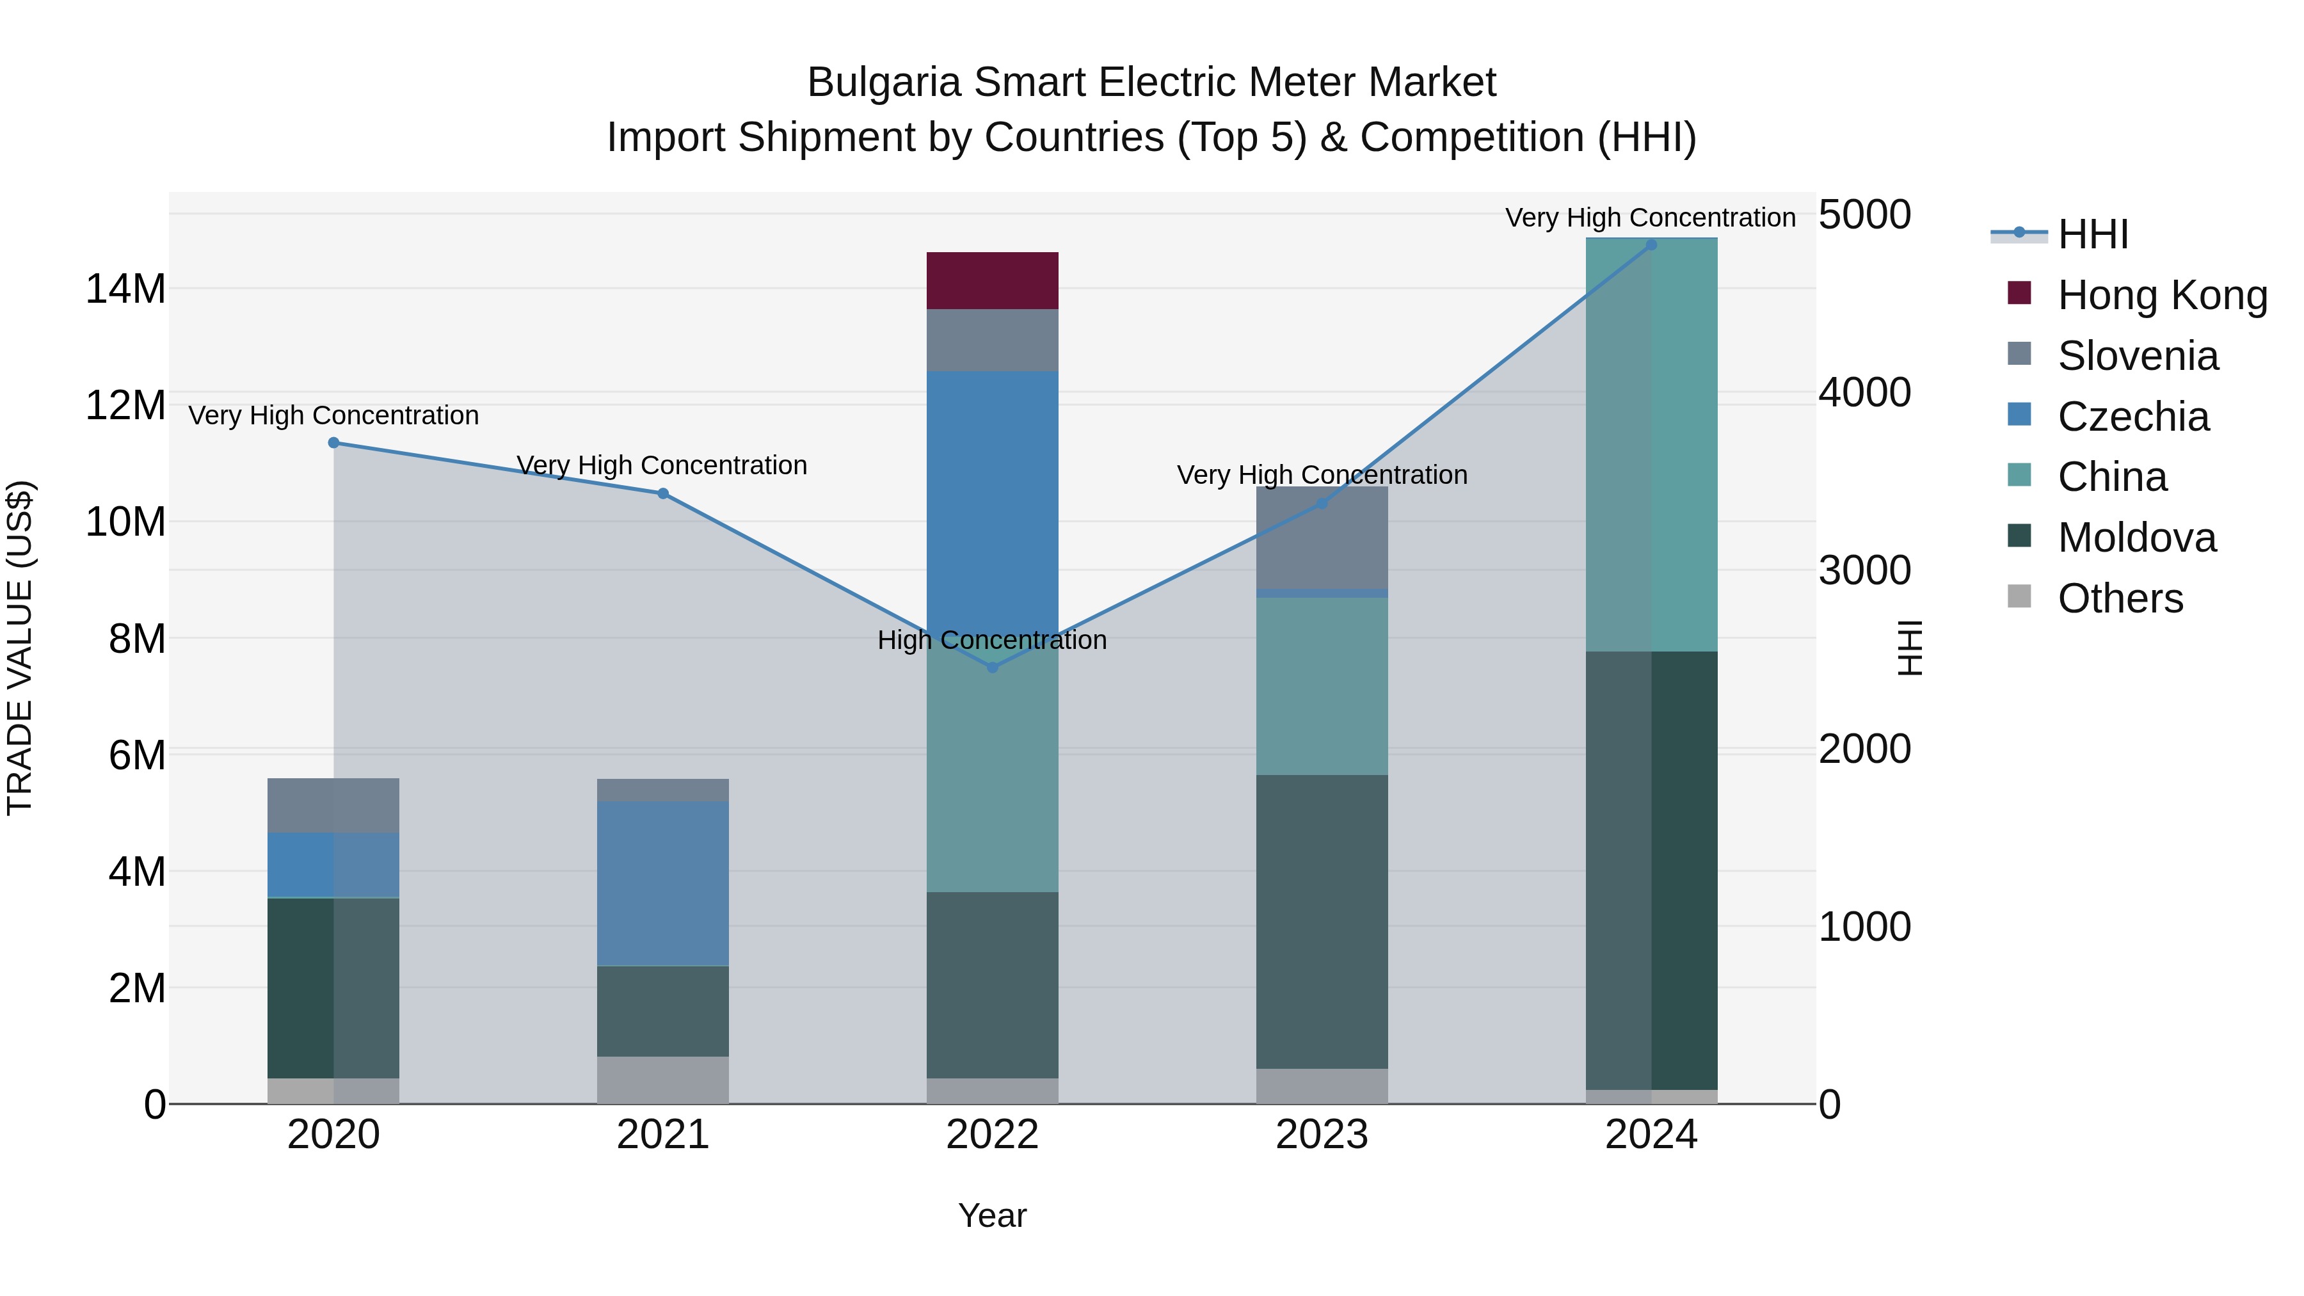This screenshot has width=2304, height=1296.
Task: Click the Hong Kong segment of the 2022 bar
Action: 992,281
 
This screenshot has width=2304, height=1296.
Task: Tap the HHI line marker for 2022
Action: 992,668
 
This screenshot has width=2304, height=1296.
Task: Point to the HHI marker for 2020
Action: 333,443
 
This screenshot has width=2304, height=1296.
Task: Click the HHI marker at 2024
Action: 1651,245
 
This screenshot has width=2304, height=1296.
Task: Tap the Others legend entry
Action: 2120,598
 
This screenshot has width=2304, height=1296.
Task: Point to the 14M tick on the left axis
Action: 126,289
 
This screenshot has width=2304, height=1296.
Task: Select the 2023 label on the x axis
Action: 1321,1135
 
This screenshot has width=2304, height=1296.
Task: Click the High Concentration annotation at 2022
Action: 992,641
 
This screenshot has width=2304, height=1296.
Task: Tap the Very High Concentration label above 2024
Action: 1650,218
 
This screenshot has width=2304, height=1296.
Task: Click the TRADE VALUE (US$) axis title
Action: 20,648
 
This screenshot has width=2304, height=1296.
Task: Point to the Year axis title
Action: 992,1215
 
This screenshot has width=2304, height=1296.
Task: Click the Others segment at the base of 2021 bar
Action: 663,1080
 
